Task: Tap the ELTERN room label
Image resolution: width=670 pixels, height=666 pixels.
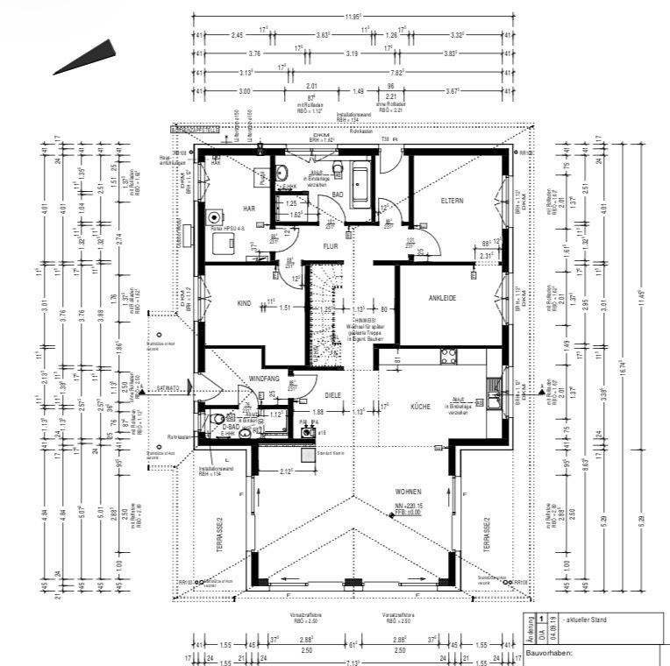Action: [x=452, y=201]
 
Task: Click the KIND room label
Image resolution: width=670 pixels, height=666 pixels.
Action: [x=244, y=303]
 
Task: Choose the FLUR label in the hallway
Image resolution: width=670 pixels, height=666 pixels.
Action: [x=331, y=246]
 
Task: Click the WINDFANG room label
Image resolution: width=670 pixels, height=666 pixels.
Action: [x=266, y=378]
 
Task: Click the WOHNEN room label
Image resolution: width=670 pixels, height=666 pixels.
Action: [x=410, y=492]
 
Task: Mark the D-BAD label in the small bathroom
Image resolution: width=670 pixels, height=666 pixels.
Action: [x=230, y=426]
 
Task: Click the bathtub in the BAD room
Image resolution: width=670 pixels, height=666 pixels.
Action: [x=361, y=183]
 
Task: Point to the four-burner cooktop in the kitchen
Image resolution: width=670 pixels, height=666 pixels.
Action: [x=448, y=355]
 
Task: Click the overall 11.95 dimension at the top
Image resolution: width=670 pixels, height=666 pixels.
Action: [x=353, y=17]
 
